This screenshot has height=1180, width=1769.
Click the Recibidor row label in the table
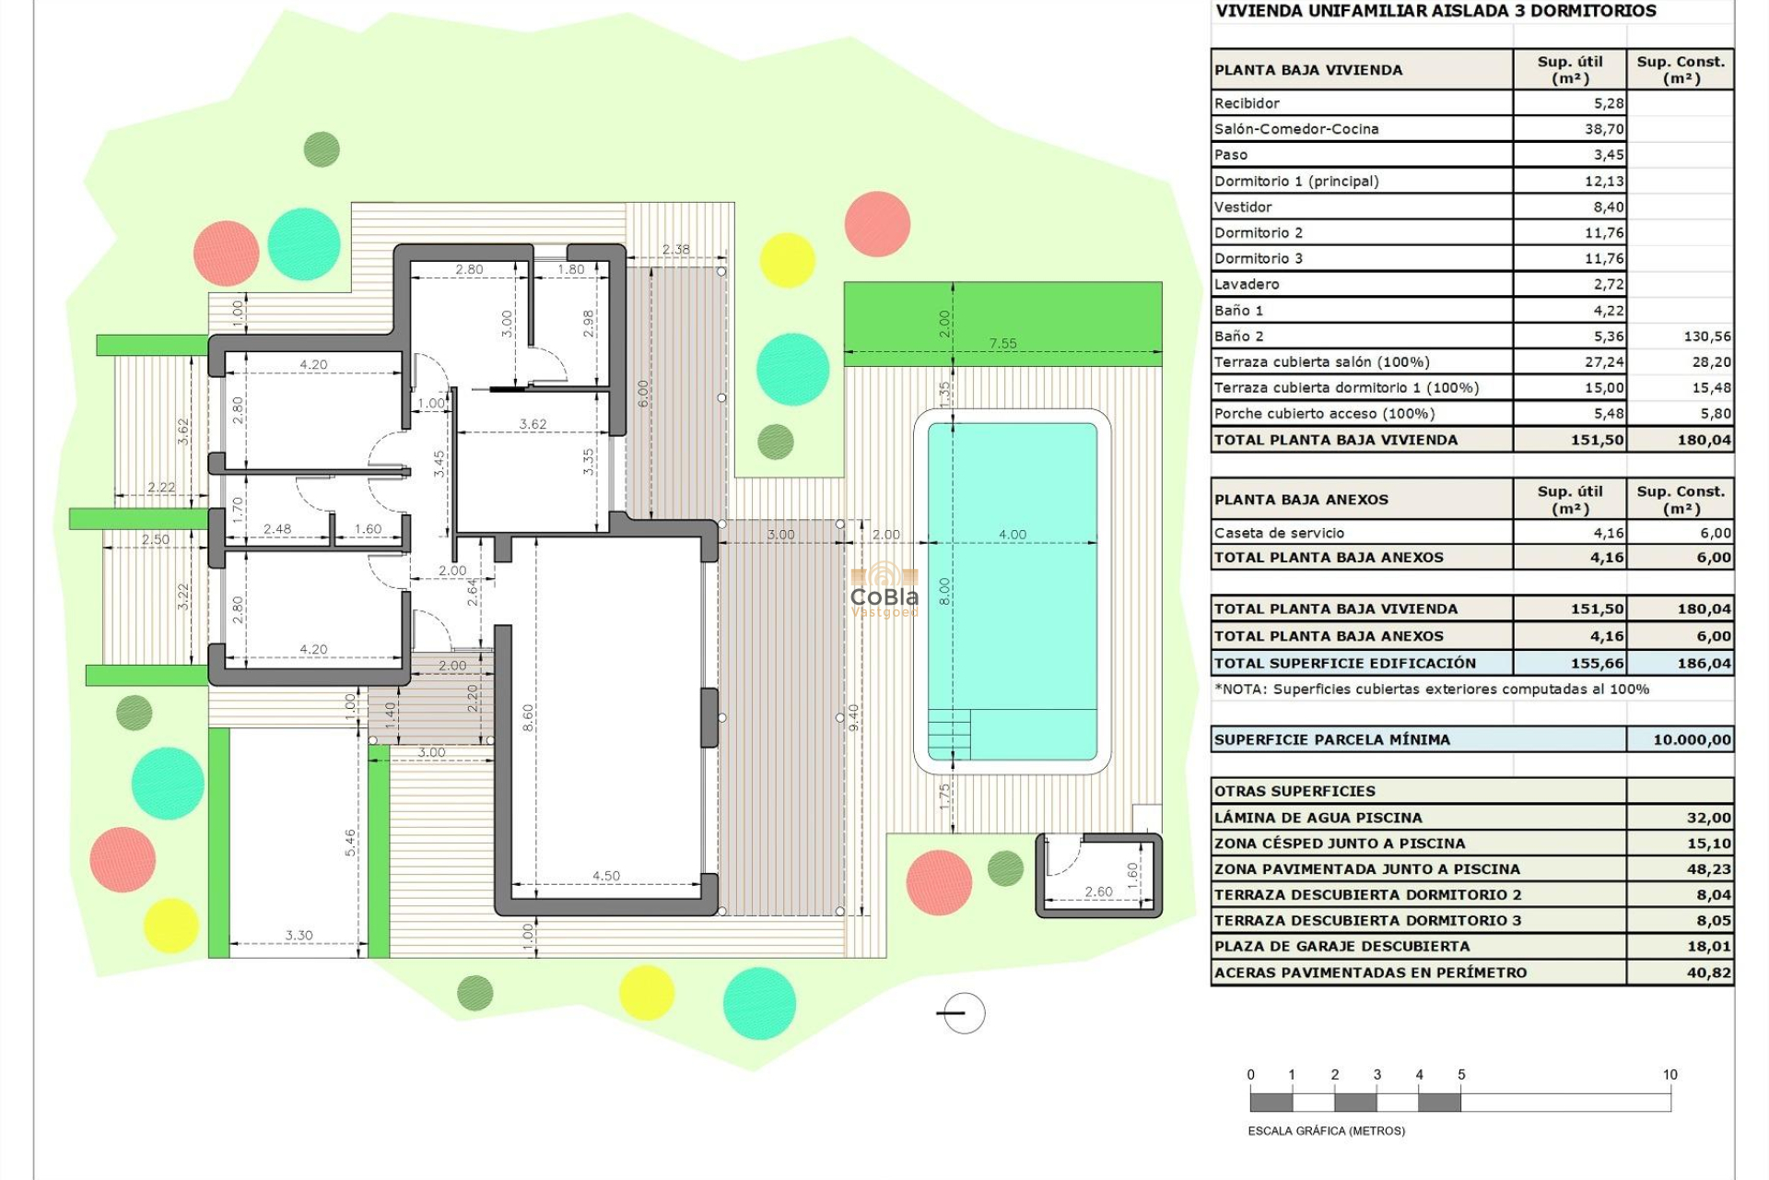[1247, 103]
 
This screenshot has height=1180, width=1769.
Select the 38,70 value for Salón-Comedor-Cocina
[1604, 129]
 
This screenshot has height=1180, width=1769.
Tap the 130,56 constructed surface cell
[1706, 336]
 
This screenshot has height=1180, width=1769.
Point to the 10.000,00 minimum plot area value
[1692, 739]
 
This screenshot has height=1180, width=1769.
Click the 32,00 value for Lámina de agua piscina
[1708, 818]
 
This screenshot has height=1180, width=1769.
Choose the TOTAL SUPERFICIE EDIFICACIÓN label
[1344, 663]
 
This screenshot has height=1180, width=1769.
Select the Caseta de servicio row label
[1279, 533]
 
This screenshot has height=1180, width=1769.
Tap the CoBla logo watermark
[884, 591]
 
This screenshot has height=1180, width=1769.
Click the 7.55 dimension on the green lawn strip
[1002, 343]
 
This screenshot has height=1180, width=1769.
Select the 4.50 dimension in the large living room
[605, 876]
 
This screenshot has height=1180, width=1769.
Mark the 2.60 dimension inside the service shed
[1098, 891]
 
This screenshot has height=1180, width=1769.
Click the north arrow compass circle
[964, 1013]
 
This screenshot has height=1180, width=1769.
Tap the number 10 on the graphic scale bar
[1669, 1075]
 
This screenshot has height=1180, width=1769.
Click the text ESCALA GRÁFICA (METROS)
[1326, 1131]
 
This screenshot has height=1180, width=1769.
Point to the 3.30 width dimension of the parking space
[299, 935]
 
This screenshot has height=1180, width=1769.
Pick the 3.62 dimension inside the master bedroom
[533, 424]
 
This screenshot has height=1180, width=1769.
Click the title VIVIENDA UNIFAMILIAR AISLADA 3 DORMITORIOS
[1435, 11]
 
